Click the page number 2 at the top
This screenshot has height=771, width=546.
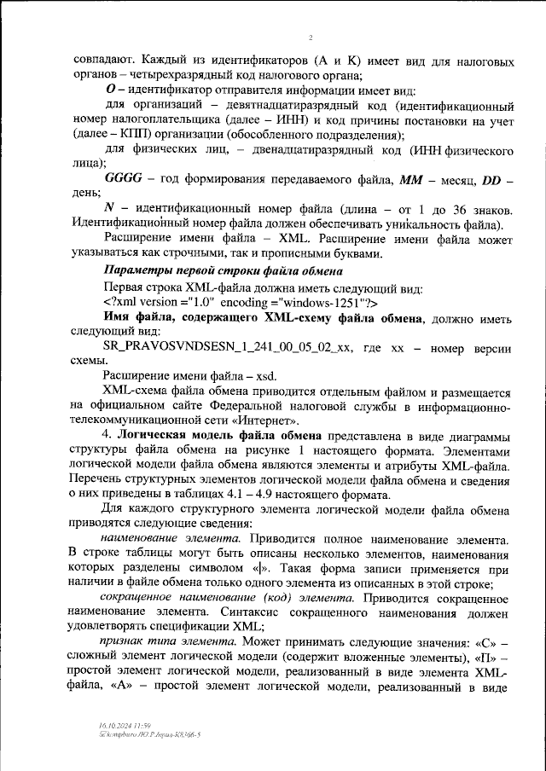coord(311,38)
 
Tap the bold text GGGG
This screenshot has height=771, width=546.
coord(125,181)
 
